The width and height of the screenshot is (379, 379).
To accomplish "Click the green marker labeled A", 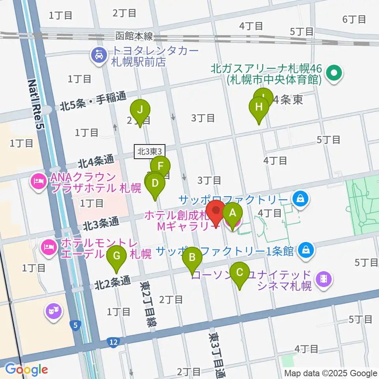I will click(x=233, y=214).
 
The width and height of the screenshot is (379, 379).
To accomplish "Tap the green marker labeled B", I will click(x=192, y=258).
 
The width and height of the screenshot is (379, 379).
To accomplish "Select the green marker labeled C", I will click(x=239, y=273).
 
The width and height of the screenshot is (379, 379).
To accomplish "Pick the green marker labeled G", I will click(x=117, y=256).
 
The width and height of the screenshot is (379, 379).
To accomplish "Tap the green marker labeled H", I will click(x=259, y=107).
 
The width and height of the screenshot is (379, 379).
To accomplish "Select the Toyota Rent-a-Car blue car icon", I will click(x=98, y=54).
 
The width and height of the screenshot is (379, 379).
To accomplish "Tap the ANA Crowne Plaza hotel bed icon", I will click(x=38, y=182).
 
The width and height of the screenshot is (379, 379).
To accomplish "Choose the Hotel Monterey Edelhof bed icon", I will click(x=49, y=248).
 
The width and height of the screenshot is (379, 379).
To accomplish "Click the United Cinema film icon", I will click(x=323, y=280).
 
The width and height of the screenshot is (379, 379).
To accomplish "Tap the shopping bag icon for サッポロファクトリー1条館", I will click(x=306, y=250).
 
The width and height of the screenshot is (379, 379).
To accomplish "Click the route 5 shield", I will click(x=75, y=325).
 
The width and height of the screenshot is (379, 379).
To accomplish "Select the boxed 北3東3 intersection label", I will click(x=150, y=151).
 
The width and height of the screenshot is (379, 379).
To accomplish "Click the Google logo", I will click(x=26, y=370).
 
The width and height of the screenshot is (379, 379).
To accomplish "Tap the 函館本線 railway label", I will click(x=134, y=37).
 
